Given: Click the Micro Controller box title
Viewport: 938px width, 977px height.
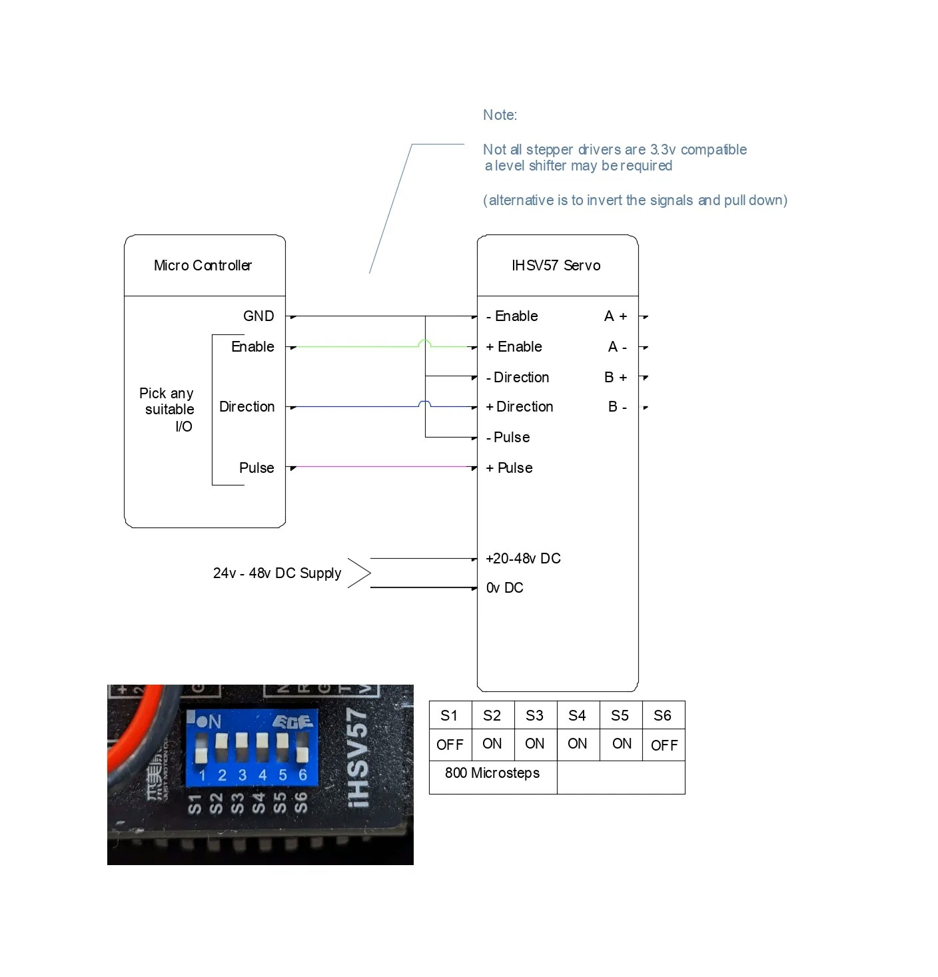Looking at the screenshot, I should [203, 266].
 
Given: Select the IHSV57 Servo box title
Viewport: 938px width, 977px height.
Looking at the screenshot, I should [556, 266].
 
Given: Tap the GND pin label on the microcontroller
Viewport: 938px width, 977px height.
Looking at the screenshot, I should [258, 316].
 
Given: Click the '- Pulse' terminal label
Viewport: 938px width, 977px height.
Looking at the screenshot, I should [508, 438].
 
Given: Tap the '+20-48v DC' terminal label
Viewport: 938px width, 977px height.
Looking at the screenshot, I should [523, 559].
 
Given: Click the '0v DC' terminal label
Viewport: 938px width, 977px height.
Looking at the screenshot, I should [504, 588].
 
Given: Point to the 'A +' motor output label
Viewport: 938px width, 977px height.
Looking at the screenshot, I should [616, 316].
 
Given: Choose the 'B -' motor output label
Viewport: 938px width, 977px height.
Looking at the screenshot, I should [617, 407].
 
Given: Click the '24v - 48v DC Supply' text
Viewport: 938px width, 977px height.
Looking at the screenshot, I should [277, 573].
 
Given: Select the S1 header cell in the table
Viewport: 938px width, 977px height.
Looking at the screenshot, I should [450, 716].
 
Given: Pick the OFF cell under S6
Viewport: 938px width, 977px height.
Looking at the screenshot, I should [664, 745].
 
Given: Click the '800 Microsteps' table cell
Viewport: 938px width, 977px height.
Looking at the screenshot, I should [492, 773].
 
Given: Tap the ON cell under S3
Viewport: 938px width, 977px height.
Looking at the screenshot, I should [535, 744].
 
